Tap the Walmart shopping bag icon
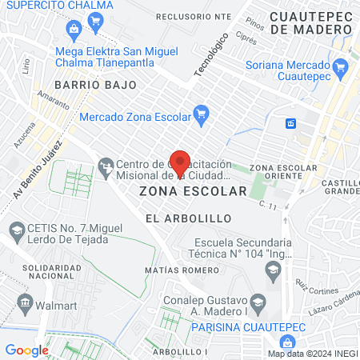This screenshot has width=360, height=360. [x=26, y=303]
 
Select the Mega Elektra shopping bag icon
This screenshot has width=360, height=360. [x=74, y=31]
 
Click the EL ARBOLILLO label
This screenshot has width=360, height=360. [x=189, y=218]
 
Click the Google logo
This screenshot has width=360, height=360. [x=26, y=350]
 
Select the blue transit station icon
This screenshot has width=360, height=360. [x=290, y=123]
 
